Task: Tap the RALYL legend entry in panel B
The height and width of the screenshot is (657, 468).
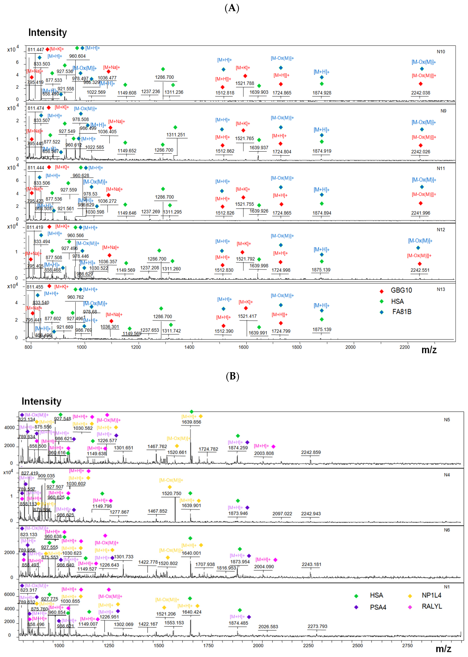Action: coord(431,606)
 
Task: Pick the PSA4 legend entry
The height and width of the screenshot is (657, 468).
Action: coord(378,607)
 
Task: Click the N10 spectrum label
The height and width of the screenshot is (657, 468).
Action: coord(441,52)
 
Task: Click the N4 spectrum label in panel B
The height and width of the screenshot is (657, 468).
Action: coord(446,475)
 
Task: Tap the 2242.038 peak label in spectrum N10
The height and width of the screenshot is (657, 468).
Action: coord(420,93)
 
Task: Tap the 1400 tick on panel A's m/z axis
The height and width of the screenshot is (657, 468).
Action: coord(189,347)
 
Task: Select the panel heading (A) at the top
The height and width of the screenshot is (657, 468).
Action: coord(232,8)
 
